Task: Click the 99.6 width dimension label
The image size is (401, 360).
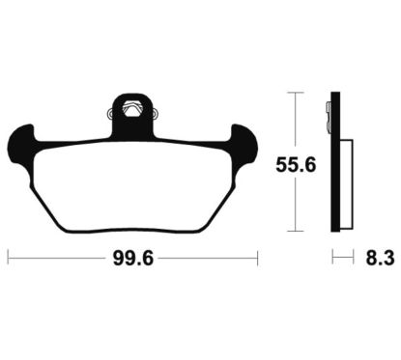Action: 133,259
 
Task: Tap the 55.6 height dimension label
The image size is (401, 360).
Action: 296,165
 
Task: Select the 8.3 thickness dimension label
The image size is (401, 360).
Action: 380,259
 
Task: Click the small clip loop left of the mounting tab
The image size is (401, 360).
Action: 109,113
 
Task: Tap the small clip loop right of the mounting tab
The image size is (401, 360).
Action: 156,113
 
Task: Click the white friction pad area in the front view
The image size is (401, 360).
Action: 133,185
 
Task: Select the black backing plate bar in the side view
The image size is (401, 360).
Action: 335,162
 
